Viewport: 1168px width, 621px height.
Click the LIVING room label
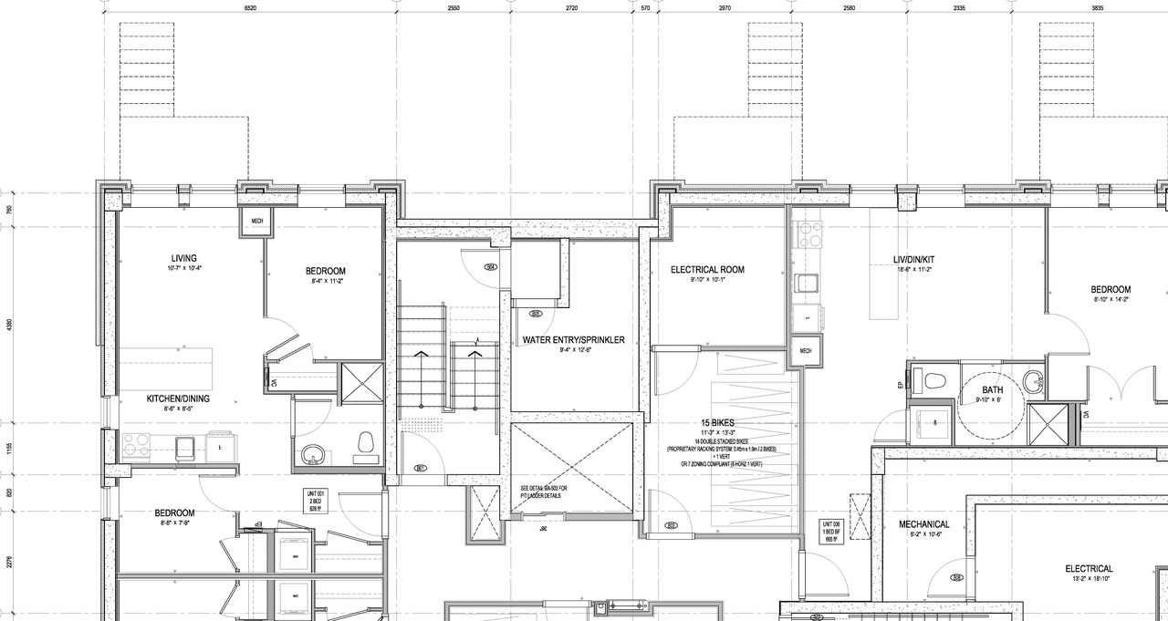183,258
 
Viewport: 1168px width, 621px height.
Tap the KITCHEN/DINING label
178,398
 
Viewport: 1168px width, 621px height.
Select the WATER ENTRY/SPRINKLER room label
573,340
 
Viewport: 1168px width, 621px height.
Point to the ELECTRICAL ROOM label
707,270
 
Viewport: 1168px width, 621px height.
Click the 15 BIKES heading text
718,423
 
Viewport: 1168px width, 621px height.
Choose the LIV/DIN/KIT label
913,260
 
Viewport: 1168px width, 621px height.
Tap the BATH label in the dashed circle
992,390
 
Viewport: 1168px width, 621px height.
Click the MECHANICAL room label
923,524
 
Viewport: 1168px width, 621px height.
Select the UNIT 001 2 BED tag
315,502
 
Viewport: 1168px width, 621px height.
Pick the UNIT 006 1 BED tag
830,531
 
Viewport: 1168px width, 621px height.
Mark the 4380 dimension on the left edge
9,324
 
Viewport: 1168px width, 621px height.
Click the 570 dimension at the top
645,7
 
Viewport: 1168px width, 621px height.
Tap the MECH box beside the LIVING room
252,221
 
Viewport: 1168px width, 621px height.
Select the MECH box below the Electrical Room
806,351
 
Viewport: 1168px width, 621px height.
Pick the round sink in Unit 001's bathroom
314,453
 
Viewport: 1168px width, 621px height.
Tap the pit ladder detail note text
544,492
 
